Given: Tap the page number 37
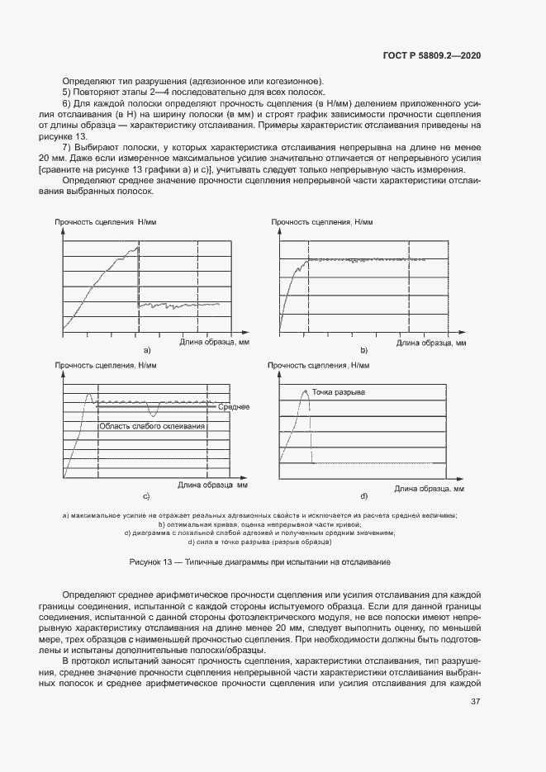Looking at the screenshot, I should [475, 702].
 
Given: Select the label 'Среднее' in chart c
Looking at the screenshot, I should [234, 408].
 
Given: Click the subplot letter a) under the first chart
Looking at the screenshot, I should [146, 351].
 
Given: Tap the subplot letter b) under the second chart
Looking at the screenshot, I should [363, 351].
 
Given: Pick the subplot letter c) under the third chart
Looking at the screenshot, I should [146, 496].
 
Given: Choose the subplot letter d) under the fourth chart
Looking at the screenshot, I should [363, 496].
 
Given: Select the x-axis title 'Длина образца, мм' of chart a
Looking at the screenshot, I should [213, 341].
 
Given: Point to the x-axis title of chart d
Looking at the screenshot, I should [429, 488].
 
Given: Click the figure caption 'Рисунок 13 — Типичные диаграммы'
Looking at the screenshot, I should [259, 561].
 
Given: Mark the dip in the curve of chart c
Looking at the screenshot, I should [153, 411].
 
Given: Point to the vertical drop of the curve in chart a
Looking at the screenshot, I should [137, 277].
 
